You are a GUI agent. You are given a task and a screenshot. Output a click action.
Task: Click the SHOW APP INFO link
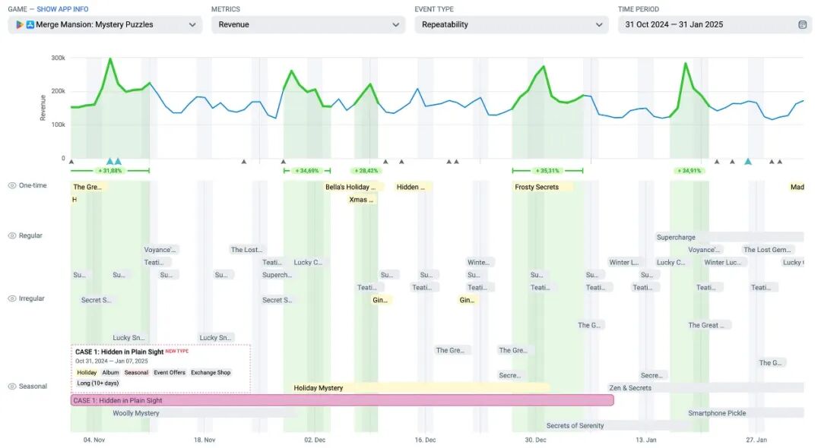[62, 9]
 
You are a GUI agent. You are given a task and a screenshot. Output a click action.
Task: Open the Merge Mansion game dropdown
[105, 24]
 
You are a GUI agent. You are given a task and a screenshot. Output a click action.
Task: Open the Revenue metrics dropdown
[308, 24]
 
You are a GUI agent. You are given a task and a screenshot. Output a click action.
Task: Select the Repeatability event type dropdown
[511, 24]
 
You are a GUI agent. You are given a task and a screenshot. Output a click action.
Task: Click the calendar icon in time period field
[802, 24]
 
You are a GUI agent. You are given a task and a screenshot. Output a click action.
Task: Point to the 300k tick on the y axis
[58, 58]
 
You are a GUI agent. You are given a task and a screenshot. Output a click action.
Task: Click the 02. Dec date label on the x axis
[315, 440]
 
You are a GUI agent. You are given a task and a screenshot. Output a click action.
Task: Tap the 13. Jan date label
[646, 440]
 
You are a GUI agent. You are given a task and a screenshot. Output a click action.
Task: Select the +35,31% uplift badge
[547, 171]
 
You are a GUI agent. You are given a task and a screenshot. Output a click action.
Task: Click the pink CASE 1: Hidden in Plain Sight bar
[342, 400]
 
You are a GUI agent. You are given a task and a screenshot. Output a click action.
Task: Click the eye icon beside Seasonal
[12, 386]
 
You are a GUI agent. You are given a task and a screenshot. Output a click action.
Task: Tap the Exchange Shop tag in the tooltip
[211, 373]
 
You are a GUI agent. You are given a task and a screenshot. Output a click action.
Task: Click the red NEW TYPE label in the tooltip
[177, 352]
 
